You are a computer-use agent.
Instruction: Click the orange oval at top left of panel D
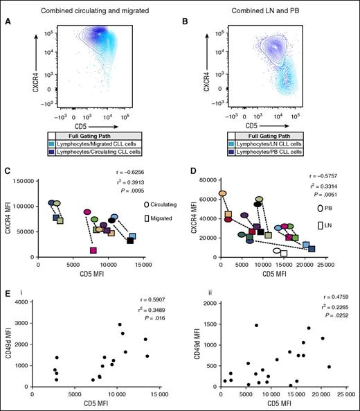pos(223,193)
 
